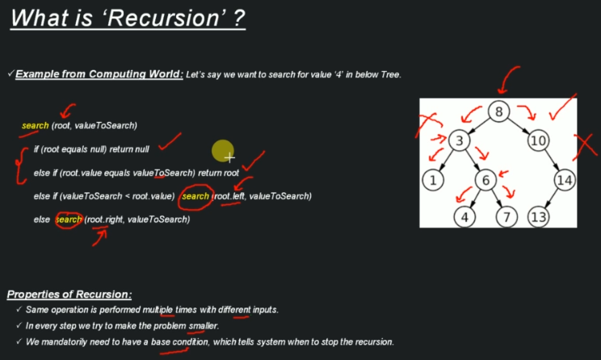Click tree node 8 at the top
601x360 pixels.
click(499, 111)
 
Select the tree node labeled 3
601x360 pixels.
click(458, 140)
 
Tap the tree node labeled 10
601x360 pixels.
click(538, 140)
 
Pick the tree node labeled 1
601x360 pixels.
click(433, 180)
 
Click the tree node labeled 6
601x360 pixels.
click(485, 180)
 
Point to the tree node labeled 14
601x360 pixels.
click(564, 180)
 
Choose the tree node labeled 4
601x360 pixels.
click(463, 216)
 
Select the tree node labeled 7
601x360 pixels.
click(506, 216)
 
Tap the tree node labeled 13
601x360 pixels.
click(540, 216)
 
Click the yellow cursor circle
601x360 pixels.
click(223, 151)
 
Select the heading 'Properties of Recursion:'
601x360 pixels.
click(69, 295)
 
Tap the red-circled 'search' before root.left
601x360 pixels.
click(195, 196)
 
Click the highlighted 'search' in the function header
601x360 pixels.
click(36, 126)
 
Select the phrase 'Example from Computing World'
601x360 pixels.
click(98, 74)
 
